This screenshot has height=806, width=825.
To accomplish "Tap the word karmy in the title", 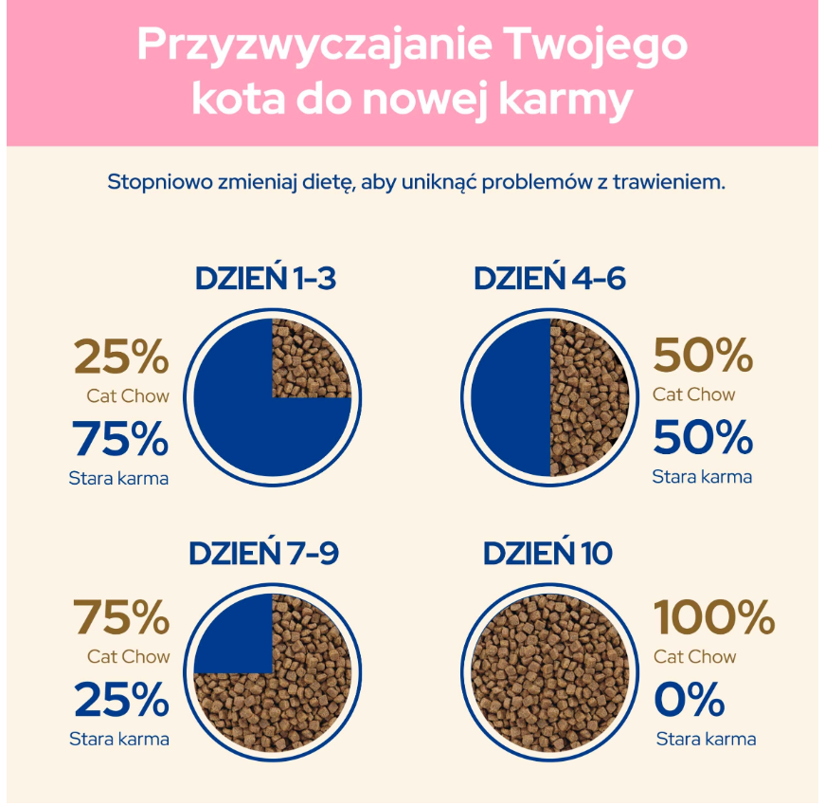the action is [565, 101].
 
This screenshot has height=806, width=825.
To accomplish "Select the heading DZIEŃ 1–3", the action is [266, 278].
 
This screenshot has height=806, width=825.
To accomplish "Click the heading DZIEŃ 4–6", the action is [549, 278].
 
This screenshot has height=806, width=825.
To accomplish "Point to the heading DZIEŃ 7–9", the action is [264, 553].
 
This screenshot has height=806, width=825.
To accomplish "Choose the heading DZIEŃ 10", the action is [547, 553].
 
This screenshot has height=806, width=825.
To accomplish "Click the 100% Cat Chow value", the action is [714, 617].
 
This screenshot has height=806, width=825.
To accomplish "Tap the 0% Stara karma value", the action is [690, 699].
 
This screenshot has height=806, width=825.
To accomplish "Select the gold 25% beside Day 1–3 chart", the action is [121, 357].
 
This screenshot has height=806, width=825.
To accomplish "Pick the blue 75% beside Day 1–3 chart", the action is [120, 438].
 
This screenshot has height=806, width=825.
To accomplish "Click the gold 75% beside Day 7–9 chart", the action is [121, 617].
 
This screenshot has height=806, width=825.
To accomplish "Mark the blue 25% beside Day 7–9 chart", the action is [121, 699].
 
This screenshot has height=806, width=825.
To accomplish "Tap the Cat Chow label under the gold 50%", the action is [694, 394].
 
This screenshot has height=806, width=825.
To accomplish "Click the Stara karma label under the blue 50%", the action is [703, 477].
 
